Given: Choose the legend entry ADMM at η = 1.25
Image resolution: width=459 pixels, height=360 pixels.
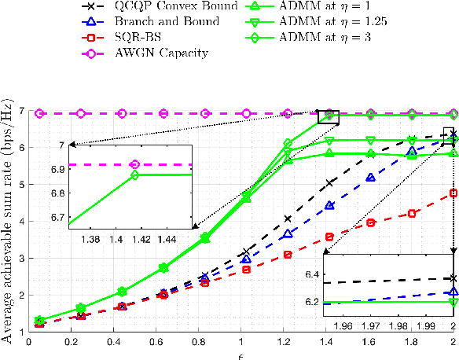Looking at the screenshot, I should (x=335, y=24).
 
